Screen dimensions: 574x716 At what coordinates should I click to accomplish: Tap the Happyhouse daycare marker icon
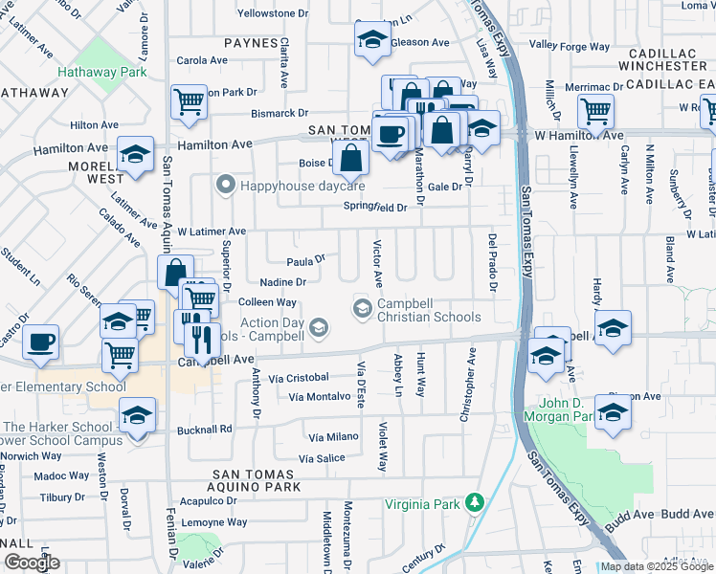226,185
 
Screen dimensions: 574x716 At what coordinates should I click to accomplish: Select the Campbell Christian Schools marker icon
363,307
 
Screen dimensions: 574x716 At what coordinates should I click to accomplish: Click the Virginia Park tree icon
474,503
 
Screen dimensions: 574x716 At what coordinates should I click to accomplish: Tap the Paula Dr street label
306,258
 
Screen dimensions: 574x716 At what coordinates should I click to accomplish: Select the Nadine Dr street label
282,282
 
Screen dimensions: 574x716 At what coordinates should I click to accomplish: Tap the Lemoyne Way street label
214,522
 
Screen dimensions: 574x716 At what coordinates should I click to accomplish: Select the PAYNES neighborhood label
251,43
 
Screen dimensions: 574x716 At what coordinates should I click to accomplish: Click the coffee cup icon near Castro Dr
41,342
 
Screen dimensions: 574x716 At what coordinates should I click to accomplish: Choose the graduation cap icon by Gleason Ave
370,39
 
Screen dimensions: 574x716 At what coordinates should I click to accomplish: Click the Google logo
32,562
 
